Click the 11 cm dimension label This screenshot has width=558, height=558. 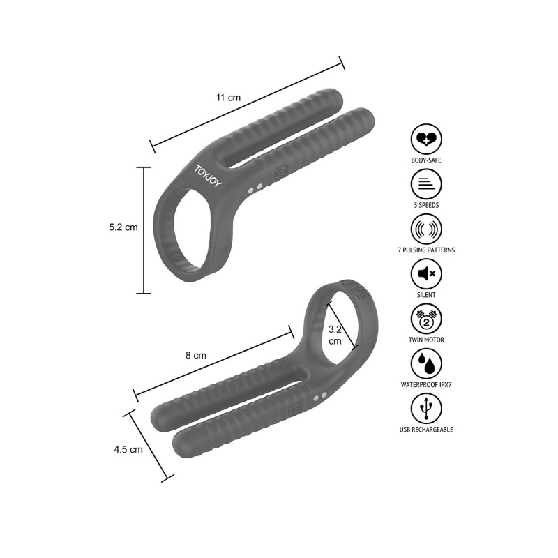pyautogui.click(x=228, y=97)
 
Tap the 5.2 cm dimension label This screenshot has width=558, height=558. pyautogui.click(x=123, y=227)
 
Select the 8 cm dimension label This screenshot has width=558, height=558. pyautogui.click(x=196, y=355)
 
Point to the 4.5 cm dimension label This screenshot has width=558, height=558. pyautogui.click(x=128, y=449)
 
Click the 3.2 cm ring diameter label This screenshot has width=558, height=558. pyautogui.click(x=335, y=335)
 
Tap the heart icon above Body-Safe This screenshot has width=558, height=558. pyautogui.click(x=426, y=139)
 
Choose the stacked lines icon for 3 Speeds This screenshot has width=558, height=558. pyautogui.click(x=426, y=184)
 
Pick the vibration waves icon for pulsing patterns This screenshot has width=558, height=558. pyautogui.click(x=426, y=229)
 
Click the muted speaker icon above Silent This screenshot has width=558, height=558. pyautogui.click(x=426, y=273)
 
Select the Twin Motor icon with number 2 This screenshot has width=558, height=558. pyautogui.click(x=426, y=319)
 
